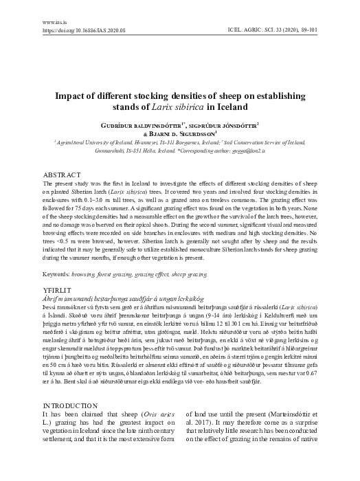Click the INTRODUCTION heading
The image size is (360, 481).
click(71, 406)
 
